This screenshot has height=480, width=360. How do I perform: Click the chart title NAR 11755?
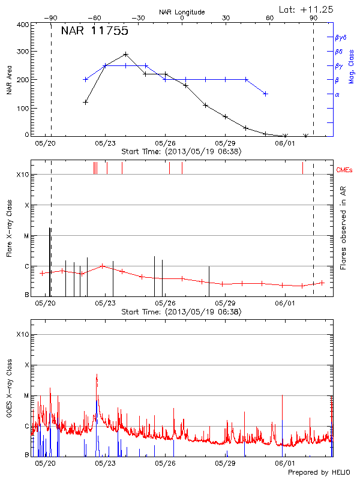coord(95,31)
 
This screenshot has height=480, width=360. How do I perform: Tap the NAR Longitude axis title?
coord(182,12)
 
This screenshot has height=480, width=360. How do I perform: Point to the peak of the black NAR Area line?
coord(125,54)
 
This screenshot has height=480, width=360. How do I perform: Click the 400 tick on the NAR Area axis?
coord(23,25)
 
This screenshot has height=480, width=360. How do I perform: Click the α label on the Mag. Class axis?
coord(337,95)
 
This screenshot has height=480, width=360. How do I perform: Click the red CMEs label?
coord(345,170)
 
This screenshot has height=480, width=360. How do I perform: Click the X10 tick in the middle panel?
coord(23,175)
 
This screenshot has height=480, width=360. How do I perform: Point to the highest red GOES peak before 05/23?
coord(97,375)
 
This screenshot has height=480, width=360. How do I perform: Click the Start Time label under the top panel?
coord(181,152)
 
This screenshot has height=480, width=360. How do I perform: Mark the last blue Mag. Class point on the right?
coord(265,94)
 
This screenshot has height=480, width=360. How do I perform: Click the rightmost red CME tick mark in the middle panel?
coord(302,167)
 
